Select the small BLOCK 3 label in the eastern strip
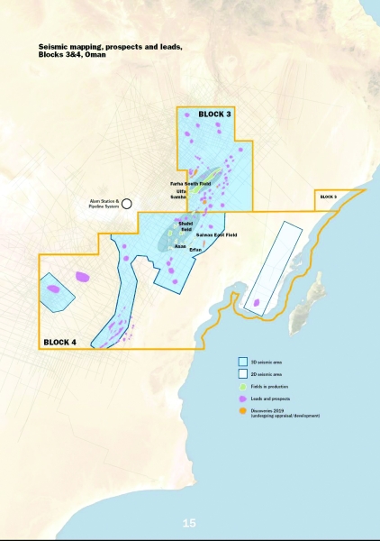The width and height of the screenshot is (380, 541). click(329, 197)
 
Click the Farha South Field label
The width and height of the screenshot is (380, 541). click(190, 184)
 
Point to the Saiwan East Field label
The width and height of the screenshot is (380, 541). click(216, 235)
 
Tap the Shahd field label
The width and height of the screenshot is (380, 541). click(186, 227)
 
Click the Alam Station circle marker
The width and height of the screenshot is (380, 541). click(128, 204)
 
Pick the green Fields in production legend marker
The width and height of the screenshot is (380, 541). click(243, 386)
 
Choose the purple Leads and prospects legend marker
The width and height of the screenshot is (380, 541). click(243, 399)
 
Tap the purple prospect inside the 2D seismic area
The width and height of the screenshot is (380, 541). click(258, 304)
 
